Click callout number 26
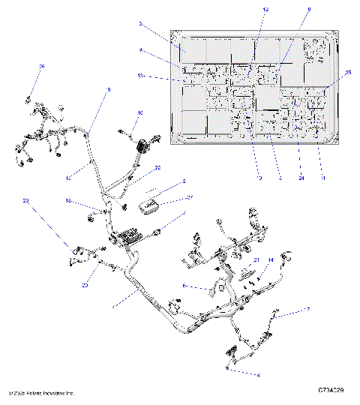(42, 67)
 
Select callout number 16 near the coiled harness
(139, 113)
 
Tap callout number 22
(157, 168)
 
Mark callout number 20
(85, 284)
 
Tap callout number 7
(306, 309)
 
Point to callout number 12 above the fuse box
(265, 8)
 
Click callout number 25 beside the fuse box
(348, 72)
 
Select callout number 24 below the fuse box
(301, 178)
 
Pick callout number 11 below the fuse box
(323, 178)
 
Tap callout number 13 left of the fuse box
(140, 76)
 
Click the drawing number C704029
(331, 392)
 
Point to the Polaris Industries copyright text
(41, 392)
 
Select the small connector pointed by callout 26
(29, 98)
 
